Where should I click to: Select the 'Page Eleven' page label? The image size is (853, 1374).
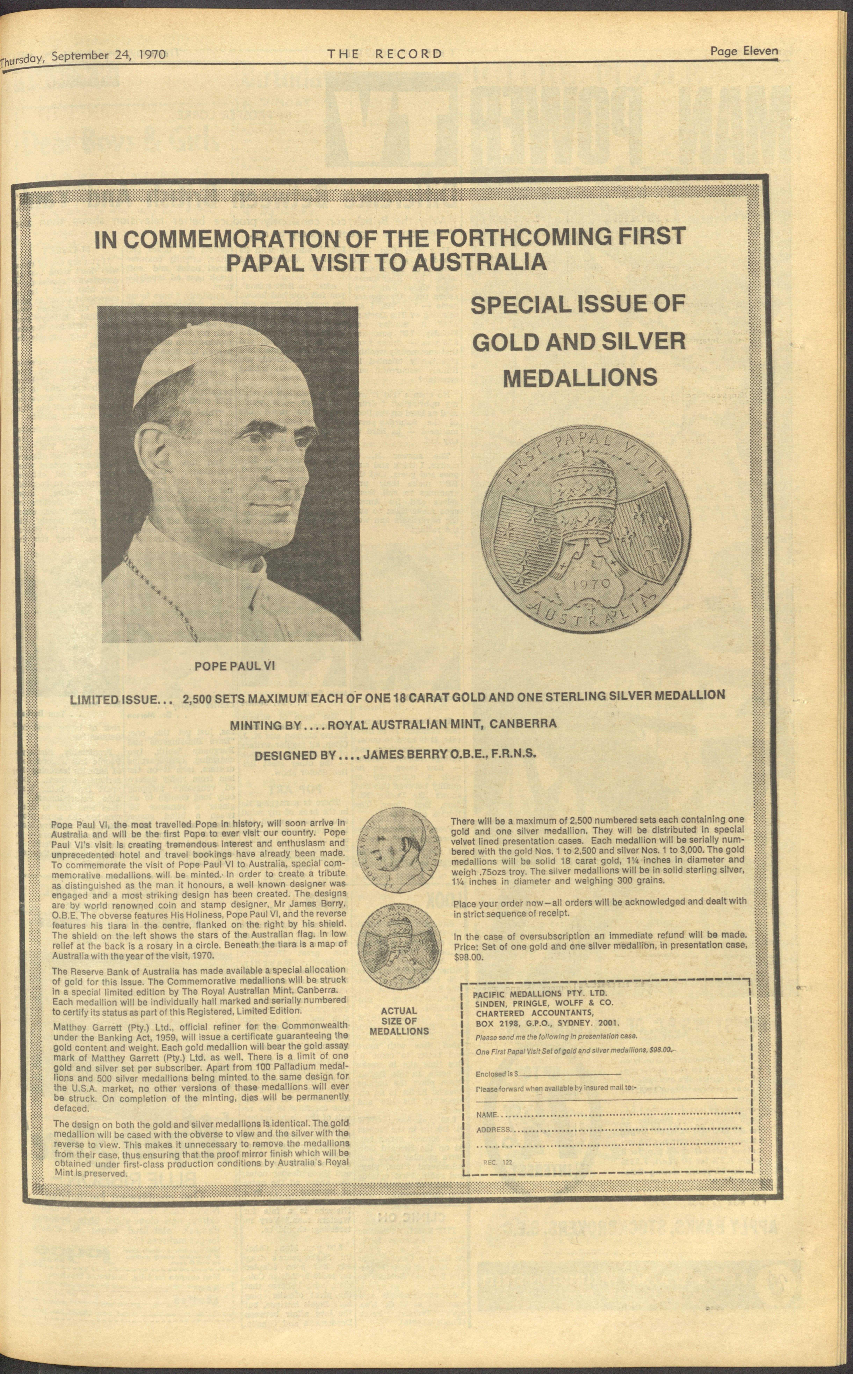tap(744, 51)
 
